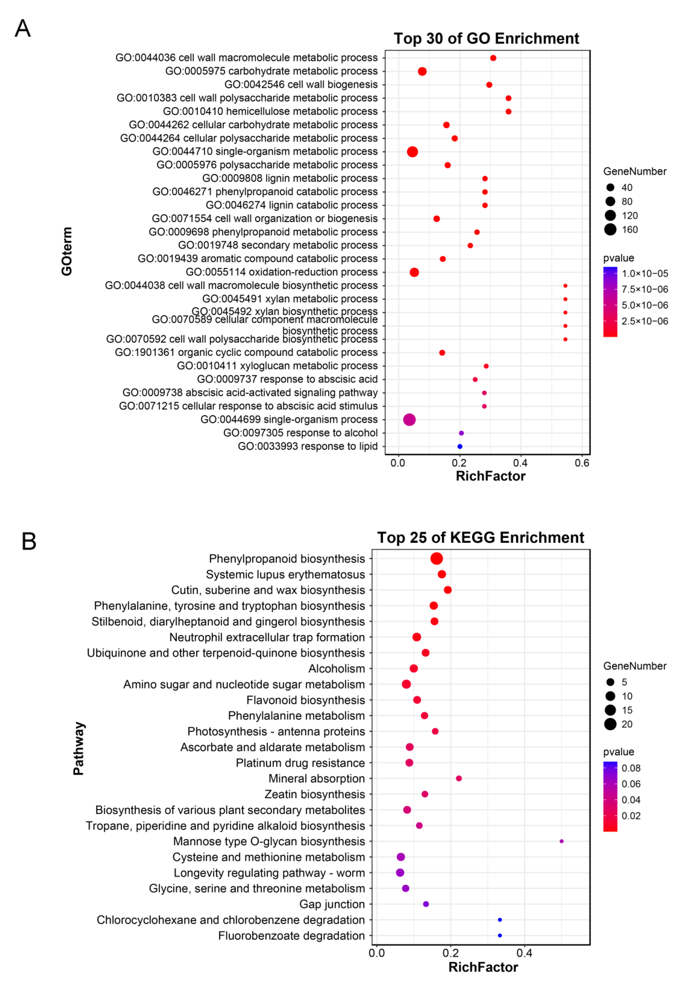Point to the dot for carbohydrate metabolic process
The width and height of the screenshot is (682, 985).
tap(422, 71)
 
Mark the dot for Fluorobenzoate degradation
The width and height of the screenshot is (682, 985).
tap(500, 935)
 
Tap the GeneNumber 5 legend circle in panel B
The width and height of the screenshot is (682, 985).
tap(610, 682)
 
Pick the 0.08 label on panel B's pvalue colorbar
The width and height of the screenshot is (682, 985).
tap(631, 768)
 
